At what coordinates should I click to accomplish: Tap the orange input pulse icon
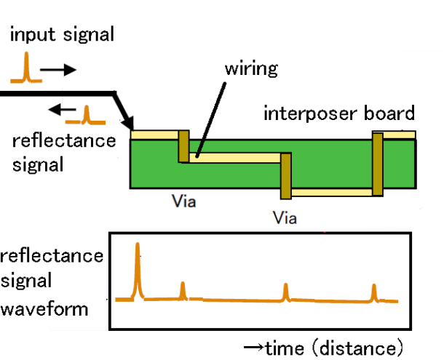[26, 69]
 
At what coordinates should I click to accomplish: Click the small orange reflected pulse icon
[87, 116]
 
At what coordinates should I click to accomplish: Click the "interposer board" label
[339, 113]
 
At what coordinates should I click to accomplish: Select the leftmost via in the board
[183, 145]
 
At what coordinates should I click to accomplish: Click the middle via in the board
[285, 175]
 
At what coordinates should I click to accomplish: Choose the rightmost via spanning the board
[376, 164]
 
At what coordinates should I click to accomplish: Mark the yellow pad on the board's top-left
[154, 135]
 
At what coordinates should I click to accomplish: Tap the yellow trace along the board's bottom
[331, 192]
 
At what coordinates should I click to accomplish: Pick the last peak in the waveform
[374, 292]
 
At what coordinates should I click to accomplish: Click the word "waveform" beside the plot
[44, 308]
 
